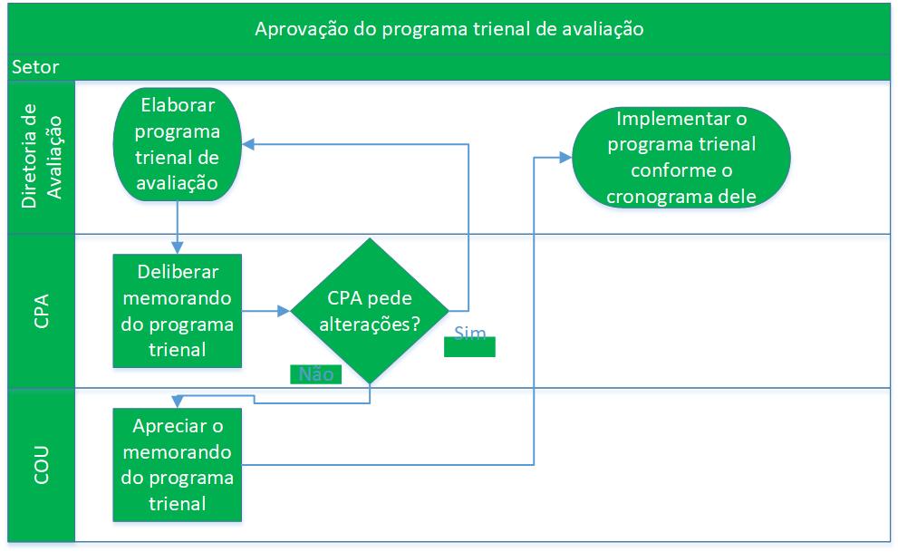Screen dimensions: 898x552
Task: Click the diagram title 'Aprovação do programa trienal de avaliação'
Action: pyautogui.click(x=449, y=29)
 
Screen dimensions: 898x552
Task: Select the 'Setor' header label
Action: pyautogui.click(x=35, y=67)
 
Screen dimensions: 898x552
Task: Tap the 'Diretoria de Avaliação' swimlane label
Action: pyautogui.click(x=42, y=156)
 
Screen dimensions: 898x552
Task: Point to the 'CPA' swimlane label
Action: pyautogui.click(x=42, y=311)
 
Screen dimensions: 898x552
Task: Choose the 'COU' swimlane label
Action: pyautogui.click(x=42, y=465)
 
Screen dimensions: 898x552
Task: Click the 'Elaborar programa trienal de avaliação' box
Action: pyautogui.click(x=178, y=144)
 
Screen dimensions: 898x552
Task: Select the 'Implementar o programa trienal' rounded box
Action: pyautogui.click(x=681, y=158)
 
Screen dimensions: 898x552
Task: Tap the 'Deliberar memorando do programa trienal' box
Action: pyautogui.click(x=178, y=311)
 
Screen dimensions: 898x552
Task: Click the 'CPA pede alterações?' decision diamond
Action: pyautogui.click(x=370, y=311)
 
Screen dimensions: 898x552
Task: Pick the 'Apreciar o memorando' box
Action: pyautogui.click(x=178, y=465)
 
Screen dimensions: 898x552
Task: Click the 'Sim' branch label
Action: pyautogui.click(x=469, y=333)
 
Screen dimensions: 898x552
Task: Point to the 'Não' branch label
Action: pyautogui.click(x=316, y=374)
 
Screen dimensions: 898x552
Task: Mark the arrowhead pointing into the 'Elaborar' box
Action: pyautogui.click(x=248, y=144)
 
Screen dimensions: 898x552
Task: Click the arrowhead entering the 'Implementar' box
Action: pyautogui.click(x=565, y=158)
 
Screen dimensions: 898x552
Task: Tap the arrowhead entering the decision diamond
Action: pyautogui.click(x=284, y=311)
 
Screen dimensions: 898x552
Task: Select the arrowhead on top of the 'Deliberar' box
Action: pyautogui.click(x=178, y=248)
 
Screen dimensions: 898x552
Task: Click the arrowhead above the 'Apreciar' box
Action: pyautogui.click(x=178, y=402)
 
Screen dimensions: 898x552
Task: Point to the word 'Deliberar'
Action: pyautogui.click(x=178, y=272)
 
